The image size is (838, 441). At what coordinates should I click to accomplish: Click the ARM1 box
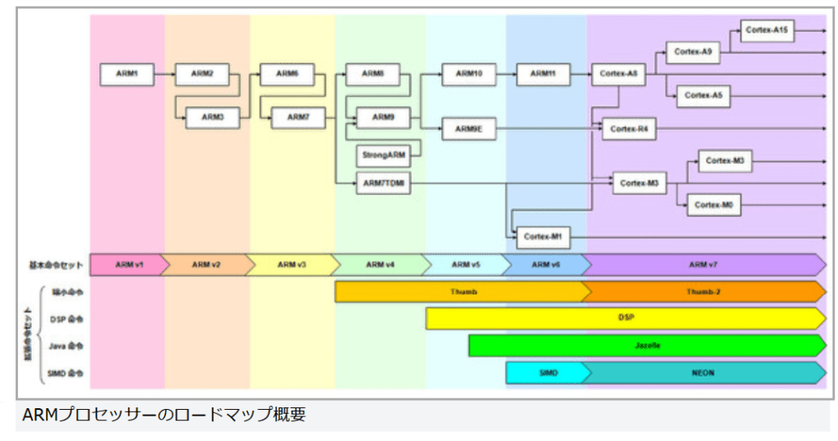tap(127, 74)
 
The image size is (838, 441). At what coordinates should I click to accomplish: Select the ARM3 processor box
tap(213, 117)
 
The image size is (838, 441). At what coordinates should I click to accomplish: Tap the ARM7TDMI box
tap(383, 184)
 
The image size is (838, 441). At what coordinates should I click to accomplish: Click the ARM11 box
tap(543, 74)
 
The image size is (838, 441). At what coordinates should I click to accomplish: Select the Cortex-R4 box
tap(629, 129)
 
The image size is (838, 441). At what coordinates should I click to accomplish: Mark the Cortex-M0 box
tap(714, 205)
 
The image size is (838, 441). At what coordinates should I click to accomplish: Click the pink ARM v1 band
tap(129, 265)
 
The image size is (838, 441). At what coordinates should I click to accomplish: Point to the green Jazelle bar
tap(647, 346)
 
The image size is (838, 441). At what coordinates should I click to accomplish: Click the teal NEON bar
tap(703, 373)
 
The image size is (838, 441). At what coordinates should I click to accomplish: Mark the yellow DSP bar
tap(626, 319)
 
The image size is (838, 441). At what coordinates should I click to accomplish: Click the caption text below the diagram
tap(164, 415)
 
